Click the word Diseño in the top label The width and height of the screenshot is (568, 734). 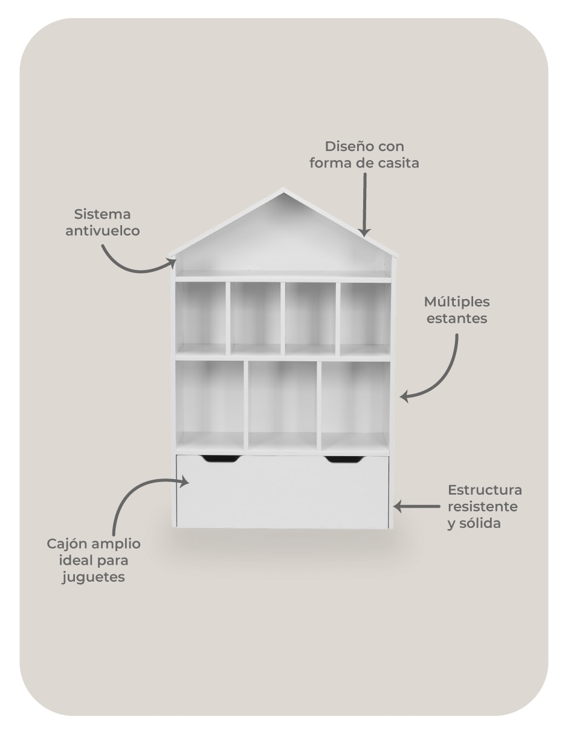coord(345,147)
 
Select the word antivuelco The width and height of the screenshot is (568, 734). coord(103,231)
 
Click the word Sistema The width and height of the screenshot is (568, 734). coord(102,214)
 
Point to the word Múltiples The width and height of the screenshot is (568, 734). coord(457,303)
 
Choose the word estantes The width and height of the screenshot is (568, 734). coord(457,319)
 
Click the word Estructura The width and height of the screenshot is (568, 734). coord(485,490)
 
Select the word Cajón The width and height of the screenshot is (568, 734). coord(65,544)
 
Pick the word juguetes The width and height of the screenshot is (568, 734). coord(93,578)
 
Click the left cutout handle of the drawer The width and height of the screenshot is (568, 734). coord(221,459)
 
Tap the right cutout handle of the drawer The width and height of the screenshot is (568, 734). coord(345,459)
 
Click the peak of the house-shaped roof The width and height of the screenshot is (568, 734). coord(283,188)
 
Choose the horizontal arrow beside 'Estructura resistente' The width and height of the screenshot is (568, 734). coord(416,506)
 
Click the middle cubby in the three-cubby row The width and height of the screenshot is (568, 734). coord(283,406)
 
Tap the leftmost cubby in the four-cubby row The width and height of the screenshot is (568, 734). coord(201,318)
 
